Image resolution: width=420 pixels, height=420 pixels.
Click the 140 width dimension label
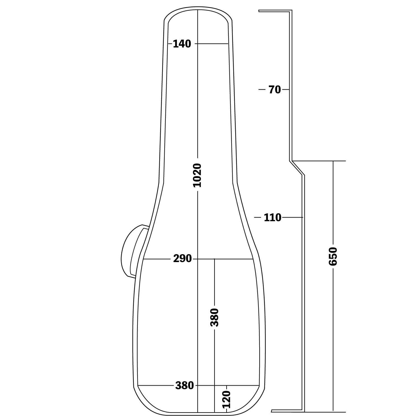coord(182,44)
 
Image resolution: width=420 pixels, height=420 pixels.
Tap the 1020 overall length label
coord(198,175)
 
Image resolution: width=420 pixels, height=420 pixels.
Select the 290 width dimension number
coord(182,259)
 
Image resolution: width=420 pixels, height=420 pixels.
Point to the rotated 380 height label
coord(214,317)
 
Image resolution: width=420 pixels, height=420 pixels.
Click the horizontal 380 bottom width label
coord(185,386)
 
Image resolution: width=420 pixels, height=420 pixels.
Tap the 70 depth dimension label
coord(274,90)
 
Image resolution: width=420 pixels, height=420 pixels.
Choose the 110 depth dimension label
coord(272,217)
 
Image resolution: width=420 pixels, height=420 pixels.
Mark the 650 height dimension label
coord(333,256)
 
